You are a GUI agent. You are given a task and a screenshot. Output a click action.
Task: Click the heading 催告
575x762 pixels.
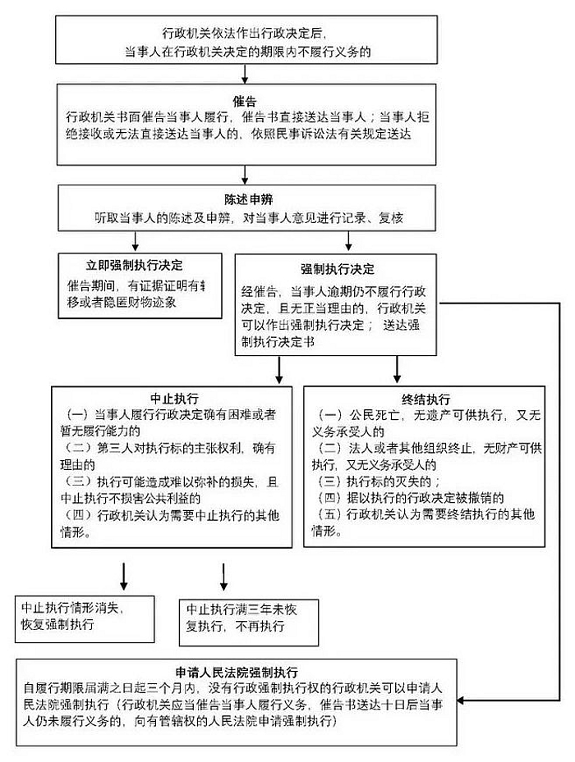[x=245, y=101]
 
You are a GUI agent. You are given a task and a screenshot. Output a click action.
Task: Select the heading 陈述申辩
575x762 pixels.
[x=248, y=200]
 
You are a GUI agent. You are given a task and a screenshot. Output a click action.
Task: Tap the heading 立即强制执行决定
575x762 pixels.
[x=135, y=265]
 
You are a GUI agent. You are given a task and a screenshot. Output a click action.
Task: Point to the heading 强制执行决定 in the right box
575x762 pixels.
[x=337, y=269]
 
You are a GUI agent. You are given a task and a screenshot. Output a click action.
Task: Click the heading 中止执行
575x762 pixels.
[x=174, y=399]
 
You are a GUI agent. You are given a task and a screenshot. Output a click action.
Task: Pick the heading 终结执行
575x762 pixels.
[x=425, y=400]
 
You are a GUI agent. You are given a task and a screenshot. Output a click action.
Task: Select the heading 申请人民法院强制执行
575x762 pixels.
[x=236, y=673]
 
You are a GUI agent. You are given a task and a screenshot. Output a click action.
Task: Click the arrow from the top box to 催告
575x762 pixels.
[x=245, y=73]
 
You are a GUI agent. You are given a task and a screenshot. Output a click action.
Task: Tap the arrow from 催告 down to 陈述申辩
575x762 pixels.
[x=245, y=175]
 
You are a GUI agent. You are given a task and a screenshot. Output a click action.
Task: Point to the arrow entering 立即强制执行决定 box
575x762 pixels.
[x=136, y=241]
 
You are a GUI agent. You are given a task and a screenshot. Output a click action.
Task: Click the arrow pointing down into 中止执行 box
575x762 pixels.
[x=279, y=370]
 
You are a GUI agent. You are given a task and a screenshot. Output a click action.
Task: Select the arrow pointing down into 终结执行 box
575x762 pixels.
[x=397, y=369]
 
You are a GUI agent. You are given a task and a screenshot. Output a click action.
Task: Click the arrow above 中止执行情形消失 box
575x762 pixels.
[x=124, y=577]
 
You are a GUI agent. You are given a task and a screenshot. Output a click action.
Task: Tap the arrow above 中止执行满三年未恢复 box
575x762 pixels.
[x=223, y=577]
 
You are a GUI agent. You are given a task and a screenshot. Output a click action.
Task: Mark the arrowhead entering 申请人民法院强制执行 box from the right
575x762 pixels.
[x=461, y=700]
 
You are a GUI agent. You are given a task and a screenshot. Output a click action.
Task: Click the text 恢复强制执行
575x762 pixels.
[x=57, y=624]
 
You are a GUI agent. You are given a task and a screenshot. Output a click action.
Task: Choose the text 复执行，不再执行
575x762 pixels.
[x=236, y=627]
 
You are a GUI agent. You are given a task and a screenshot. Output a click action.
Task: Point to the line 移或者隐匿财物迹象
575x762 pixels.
[x=122, y=303]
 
